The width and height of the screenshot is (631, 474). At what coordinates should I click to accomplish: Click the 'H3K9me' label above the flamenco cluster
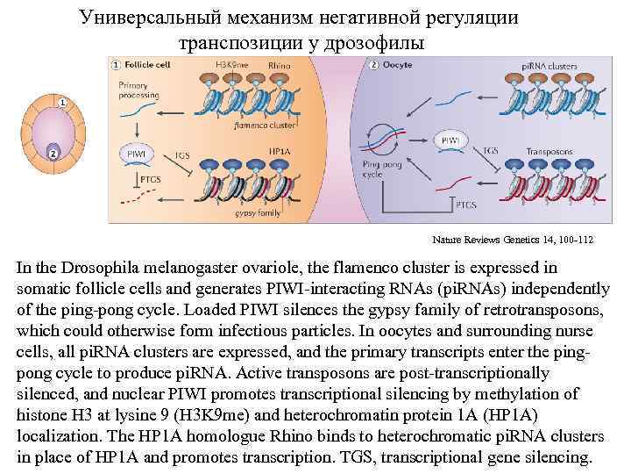tap(230, 65)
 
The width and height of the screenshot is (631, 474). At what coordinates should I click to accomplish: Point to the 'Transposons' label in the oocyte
tap(549, 151)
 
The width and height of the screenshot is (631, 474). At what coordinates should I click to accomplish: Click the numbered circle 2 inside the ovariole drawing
tap(52, 154)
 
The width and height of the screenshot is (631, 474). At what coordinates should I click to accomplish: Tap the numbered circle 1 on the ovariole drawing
tap(63, 103)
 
